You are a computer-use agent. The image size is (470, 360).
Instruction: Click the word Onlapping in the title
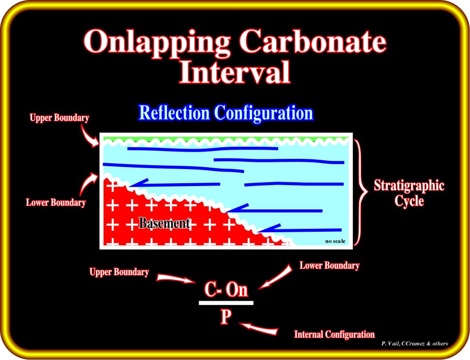(x=156, y=43)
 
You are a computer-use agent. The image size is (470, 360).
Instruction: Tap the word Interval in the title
(x=235, y=72)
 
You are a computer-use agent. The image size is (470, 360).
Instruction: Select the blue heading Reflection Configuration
(x=226, y=113)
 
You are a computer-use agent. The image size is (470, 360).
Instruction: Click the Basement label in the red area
(x=164, y=223)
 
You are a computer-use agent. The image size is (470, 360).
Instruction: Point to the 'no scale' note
(x=335, y=241)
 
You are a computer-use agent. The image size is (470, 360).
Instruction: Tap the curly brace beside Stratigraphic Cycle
(x=361, y=191)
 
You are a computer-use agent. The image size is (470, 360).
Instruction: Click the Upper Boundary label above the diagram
(x=59, y=118)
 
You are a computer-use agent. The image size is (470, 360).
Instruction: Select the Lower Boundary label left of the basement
(x=56, y=203)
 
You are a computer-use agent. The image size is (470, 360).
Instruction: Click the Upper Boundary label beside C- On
(x=119, y=272)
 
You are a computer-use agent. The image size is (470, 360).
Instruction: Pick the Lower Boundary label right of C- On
(x=329, y=265)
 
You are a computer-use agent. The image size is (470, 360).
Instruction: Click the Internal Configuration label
(x=335, y=334)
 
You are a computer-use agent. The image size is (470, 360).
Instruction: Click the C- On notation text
(x=226, y=290)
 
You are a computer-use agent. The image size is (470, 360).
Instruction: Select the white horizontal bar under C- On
(x=226, y=303)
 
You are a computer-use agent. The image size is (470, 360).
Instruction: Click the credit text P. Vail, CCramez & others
(x=415, y=344)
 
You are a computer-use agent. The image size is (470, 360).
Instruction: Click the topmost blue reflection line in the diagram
(x=202, y=149)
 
